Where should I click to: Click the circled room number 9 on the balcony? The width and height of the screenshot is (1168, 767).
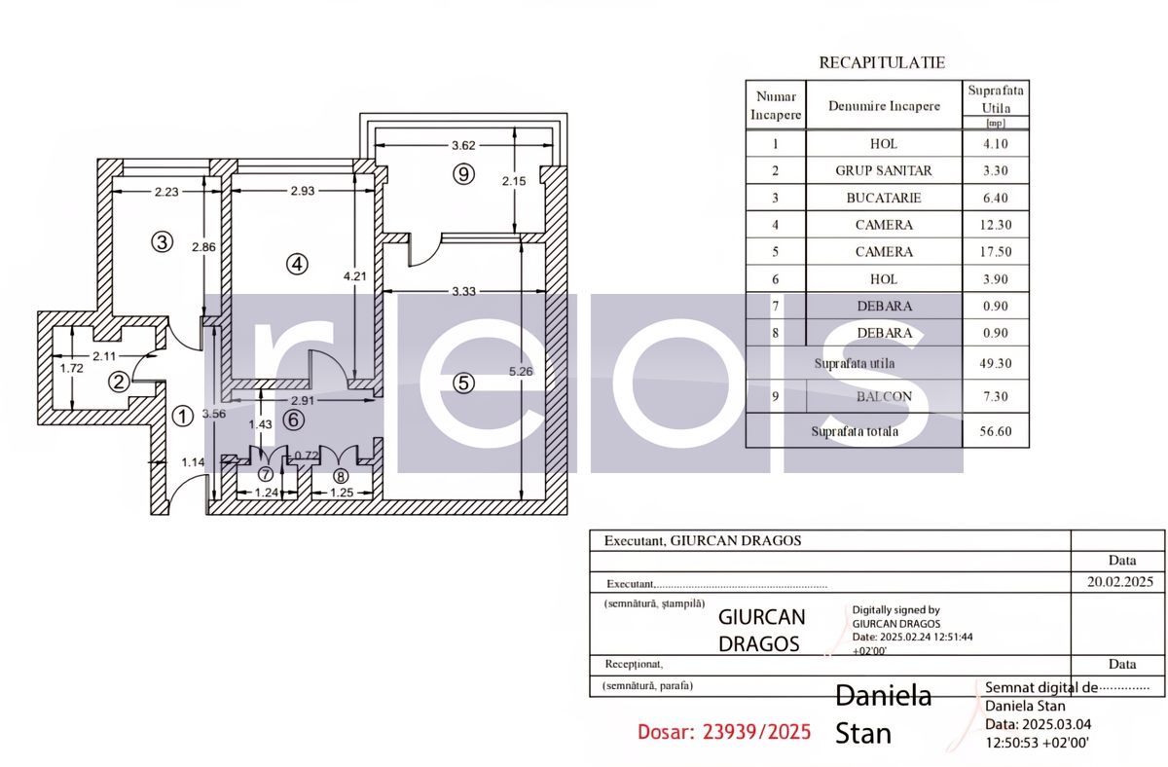click(x=463, y=174)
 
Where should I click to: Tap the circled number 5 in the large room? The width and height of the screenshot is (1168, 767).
click(x=464, y=383)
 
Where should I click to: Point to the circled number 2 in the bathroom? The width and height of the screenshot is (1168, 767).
click(x=118, y=382)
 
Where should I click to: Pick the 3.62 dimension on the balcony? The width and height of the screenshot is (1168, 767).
click(x=463, y=146)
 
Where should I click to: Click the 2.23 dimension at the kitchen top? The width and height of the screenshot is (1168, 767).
click(x=166, y=192)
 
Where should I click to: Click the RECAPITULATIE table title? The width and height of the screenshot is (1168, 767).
click(x=882, y=62)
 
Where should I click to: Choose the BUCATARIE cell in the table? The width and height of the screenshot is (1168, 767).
click(x=883, y=198)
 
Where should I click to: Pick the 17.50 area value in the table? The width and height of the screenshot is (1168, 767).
click(x=995, y=252)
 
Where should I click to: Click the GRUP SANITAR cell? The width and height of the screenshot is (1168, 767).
click(x=883, y=170)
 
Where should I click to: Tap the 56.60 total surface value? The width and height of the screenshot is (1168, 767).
click(x=995, y=431)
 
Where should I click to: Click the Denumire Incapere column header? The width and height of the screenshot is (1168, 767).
click(x=884, y=106)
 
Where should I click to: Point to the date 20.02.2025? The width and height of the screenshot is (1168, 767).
click(x=1117, y=582)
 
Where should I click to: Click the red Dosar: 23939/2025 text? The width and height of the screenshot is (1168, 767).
click(x=723, y=732)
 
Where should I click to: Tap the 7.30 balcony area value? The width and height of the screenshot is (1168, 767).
click(x=995, y=396)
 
